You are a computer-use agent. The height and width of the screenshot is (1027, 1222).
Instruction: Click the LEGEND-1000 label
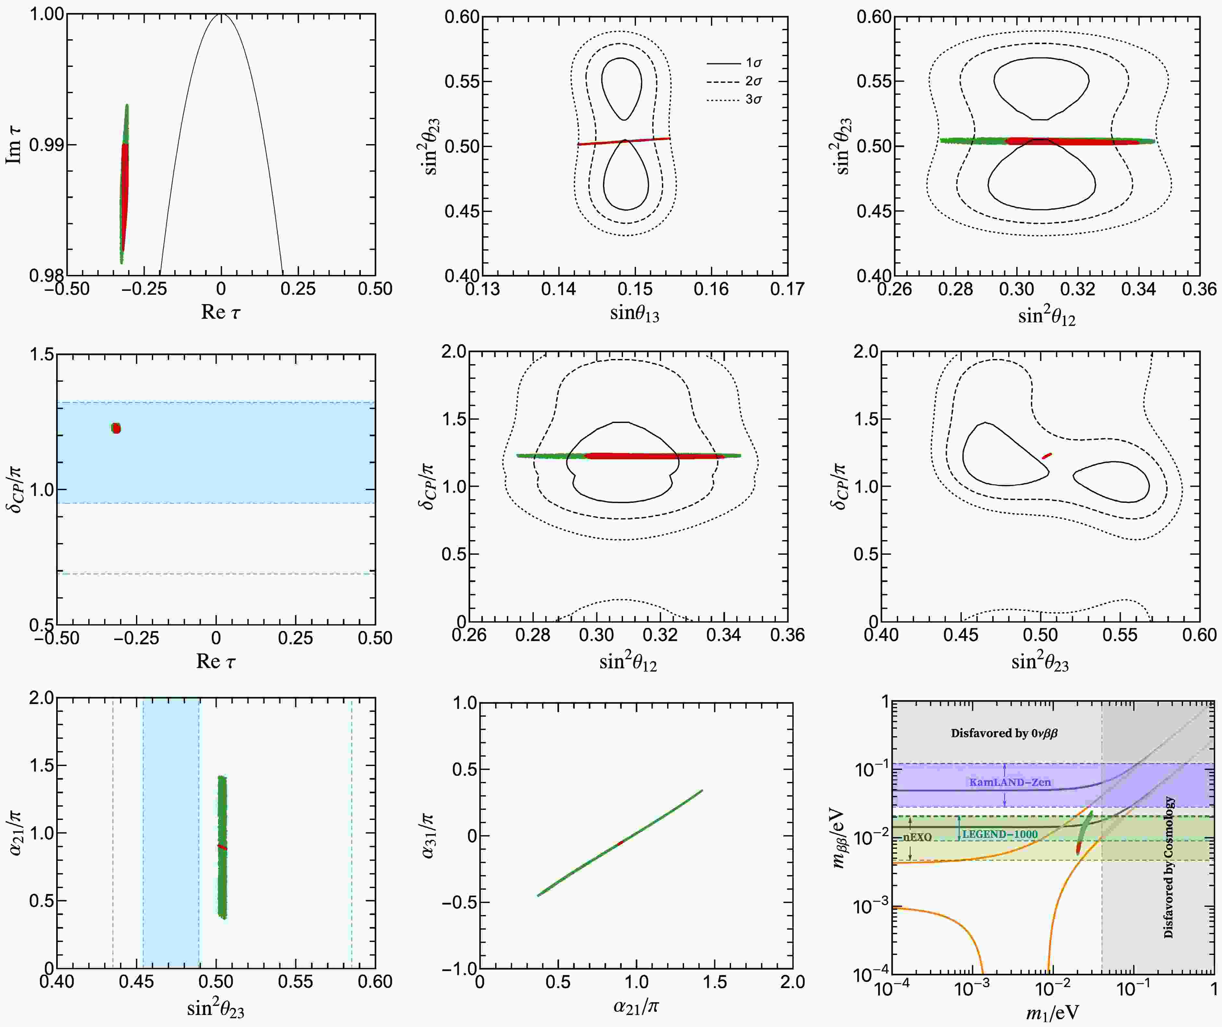(1000, 834)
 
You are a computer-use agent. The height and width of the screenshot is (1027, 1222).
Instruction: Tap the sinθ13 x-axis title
(634, 313)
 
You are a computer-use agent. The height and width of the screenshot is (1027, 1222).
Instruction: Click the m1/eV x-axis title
(1052, 1012)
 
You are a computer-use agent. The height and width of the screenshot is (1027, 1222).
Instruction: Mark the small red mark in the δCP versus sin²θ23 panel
(1047, 455)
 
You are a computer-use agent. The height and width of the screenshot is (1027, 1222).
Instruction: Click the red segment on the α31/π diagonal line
(620, 842)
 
